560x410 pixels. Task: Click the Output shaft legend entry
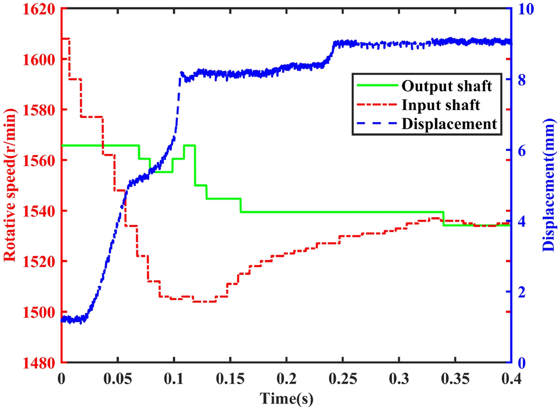pyautogui.click(x=447, y=86)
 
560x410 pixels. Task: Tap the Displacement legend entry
pyautogui.click(x=449, y=123)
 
